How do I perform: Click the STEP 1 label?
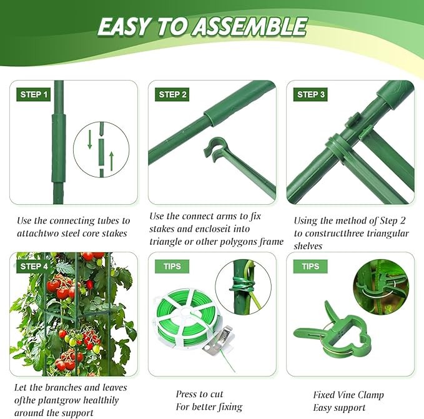[x=34, y=95]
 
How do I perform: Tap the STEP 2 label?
[x=173, y=95]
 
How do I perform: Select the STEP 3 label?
[x=310, y=95]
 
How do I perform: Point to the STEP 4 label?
[x=34, y=267]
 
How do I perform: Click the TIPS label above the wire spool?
[x=172, y=267]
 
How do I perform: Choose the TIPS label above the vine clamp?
[x=310, y=267]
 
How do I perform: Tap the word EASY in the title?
[x=125, y=27]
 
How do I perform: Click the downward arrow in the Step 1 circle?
[x=90, y=139]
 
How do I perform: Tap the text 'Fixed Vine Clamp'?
[x=348, y=395]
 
